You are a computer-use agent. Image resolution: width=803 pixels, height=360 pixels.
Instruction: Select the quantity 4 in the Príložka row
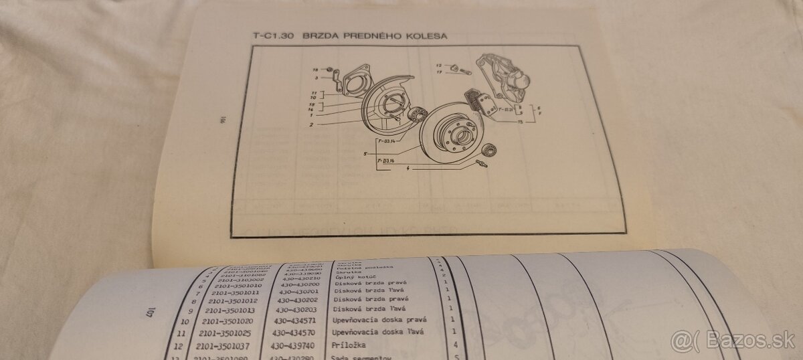tap(455, 346)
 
